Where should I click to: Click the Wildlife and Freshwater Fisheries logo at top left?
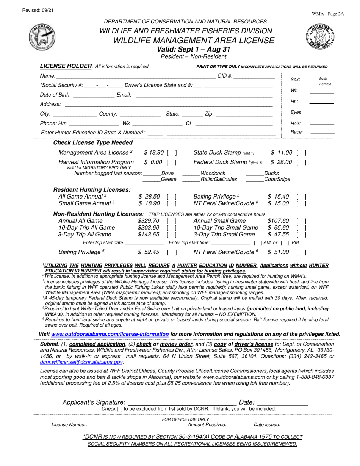point(42,37)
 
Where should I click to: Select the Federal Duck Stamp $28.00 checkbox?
point(301,163)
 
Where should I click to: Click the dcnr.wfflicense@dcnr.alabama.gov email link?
point(81,362)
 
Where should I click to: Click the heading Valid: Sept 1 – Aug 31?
point(193,49)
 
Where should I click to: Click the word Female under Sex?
point(325,84)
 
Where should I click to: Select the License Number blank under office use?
point(137,425)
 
